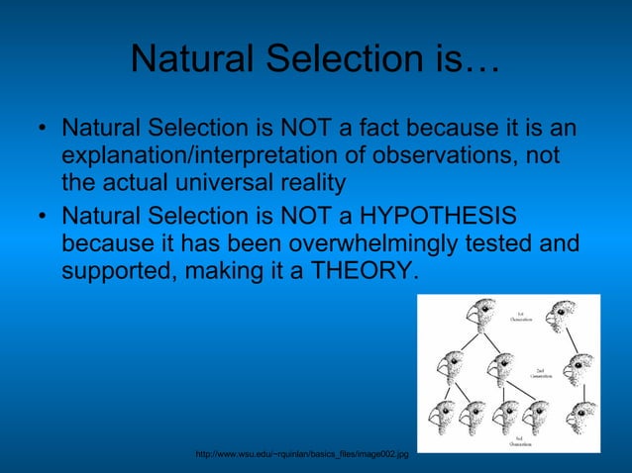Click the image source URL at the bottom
pyautogui.click(x=303, y=453)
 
